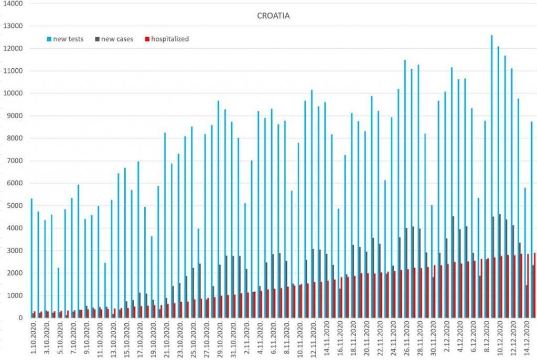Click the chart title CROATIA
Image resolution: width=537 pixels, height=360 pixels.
pos(273,16)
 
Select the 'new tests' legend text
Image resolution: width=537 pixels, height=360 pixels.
pos(68,39)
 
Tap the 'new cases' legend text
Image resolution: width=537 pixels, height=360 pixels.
pos(117,39)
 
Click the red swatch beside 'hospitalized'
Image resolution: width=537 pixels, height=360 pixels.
pos(148,39)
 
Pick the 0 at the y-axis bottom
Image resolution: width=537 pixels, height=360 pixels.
pos(20,318)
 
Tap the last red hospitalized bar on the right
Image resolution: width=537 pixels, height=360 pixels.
pos(534,285)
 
